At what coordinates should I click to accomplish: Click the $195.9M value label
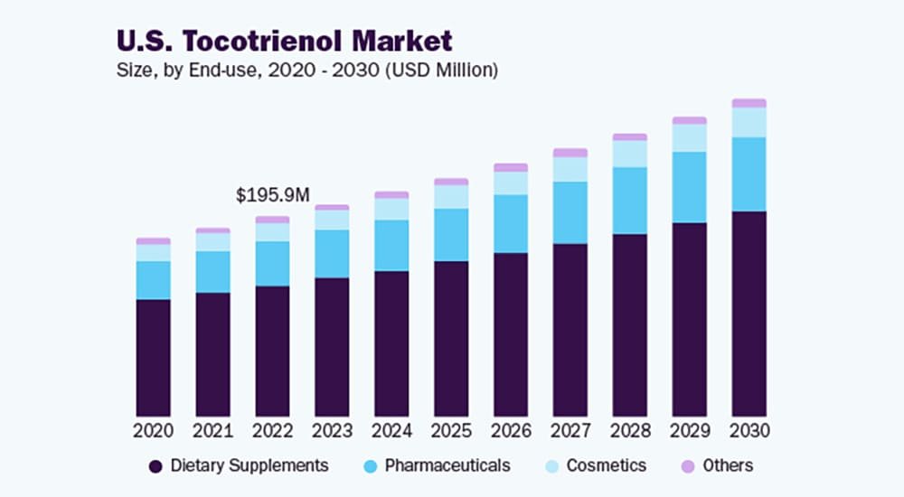click(273, 195)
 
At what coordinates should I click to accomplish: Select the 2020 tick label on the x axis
click(153, 430)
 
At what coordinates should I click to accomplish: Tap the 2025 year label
click(451, 430)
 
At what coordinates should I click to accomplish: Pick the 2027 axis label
click(570, 430)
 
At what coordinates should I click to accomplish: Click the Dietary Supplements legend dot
click(155, 466)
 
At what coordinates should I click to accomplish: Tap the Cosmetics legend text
click(607, 466)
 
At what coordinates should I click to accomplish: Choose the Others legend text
click(728, 466)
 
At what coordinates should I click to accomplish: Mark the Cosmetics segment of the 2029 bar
click(690, 138)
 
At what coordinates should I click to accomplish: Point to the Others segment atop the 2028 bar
click(630, 137)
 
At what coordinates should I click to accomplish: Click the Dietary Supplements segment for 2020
click(153, 358)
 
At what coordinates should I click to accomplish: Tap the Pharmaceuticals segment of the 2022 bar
click(272, 264)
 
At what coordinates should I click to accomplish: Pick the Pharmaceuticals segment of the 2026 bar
click(511, 224)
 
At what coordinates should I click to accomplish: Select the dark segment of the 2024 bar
click(391, 343)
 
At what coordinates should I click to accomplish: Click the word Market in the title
click(401, 41)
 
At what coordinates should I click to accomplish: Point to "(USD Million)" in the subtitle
click(442, 70)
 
